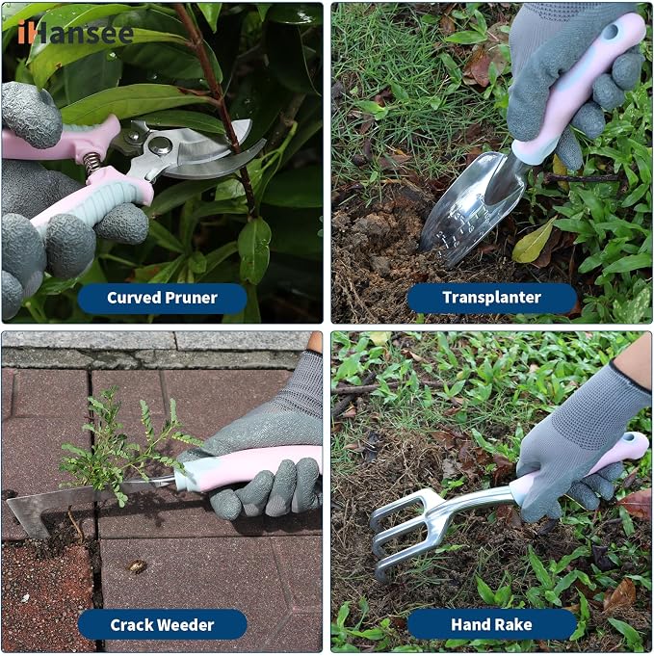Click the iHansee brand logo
click(x=75, y=32)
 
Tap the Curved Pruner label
click(x=163, y=298)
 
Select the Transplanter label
click(x=491, y=298)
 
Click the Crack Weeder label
click(x=163, y=625)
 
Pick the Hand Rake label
click(x=491, y=624)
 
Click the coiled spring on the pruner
click(x=92, y=163)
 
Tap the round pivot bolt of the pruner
click(x=160, y=145)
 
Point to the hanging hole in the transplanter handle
click(x=614, y=30)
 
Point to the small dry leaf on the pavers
click(x=137, y=566)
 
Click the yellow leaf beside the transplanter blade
click(x=533, y=242)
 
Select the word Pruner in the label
click(x=192, y=298)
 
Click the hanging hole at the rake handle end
click(x=628, y=438)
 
